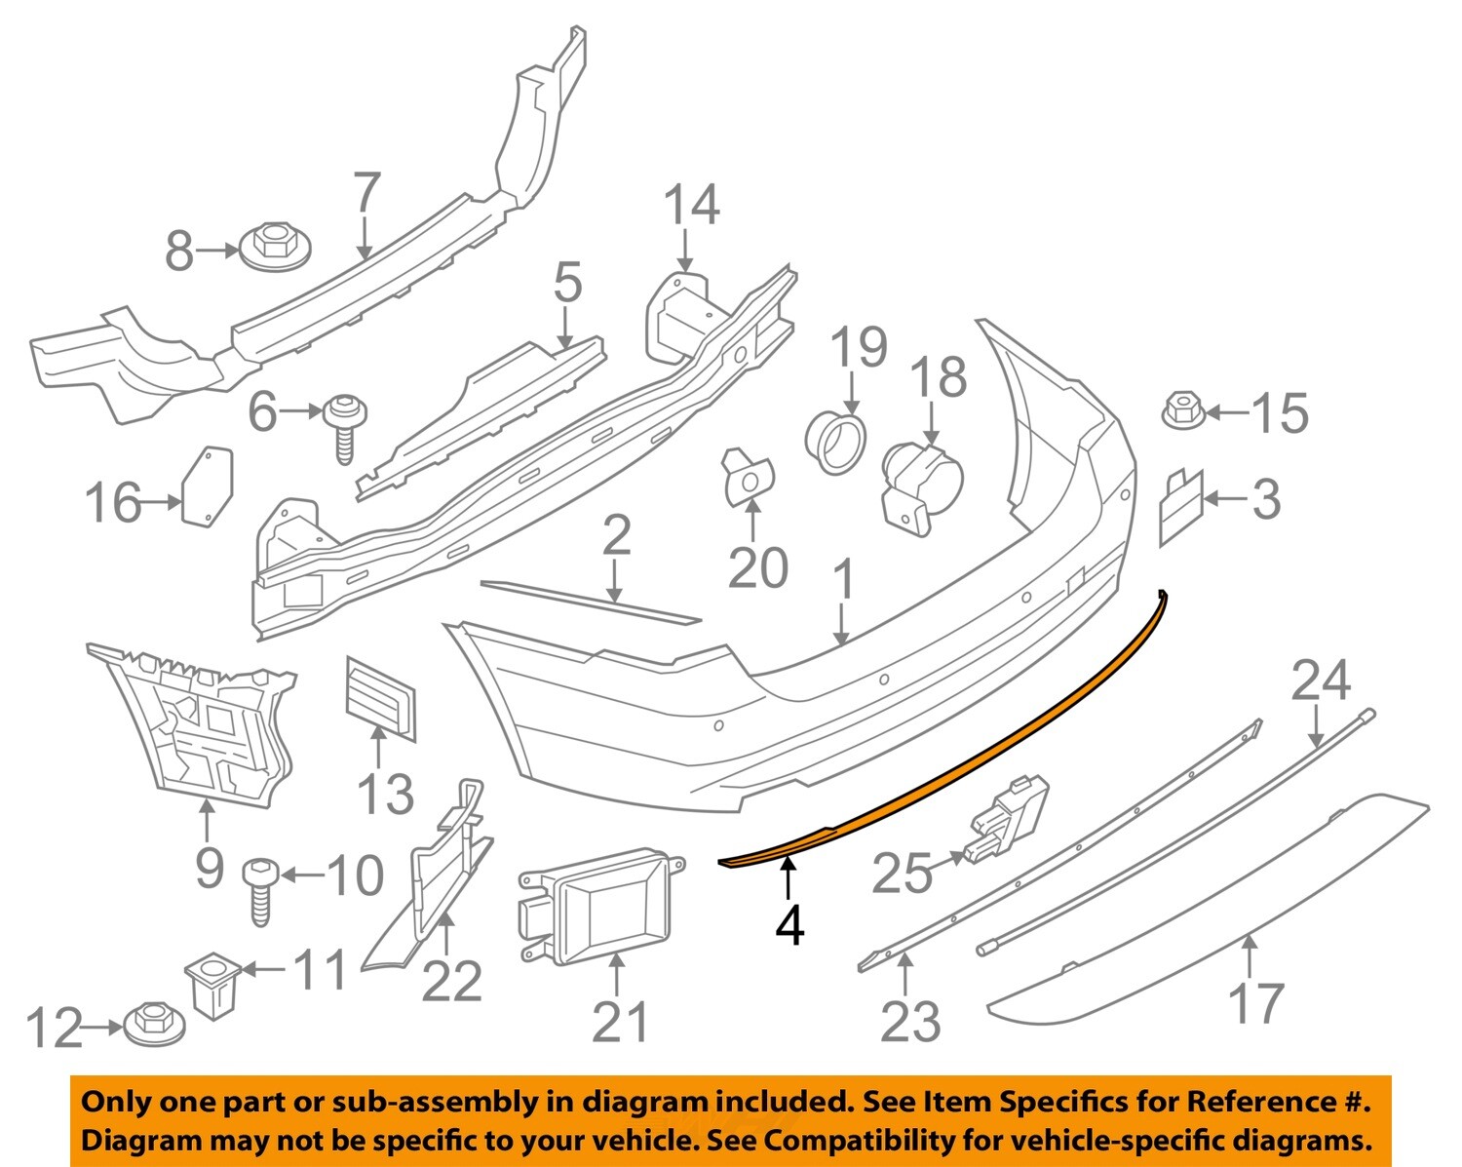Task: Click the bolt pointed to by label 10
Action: [262, 888]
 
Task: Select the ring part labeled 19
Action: [836, 443]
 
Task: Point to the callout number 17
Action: [1255, 1004]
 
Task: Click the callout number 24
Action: [1321, 681]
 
